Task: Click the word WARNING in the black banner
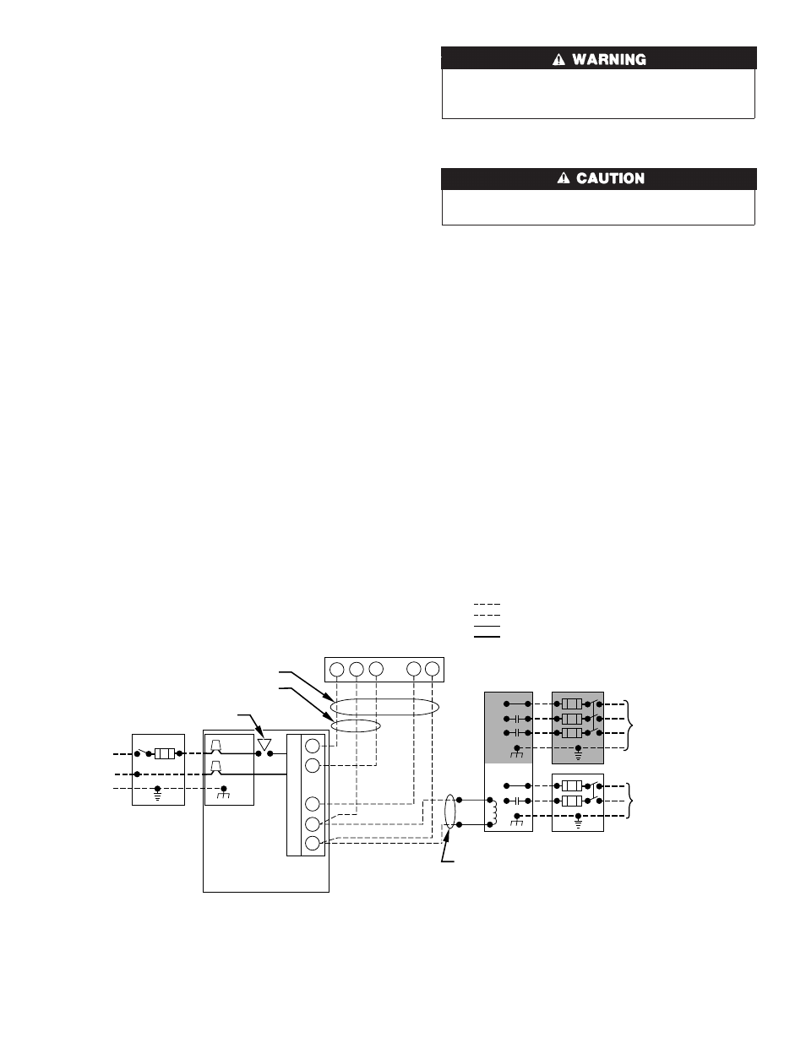[x=608, y=59]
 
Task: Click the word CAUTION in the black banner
[x=610, y=178]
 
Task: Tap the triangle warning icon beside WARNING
[x=558, y=59]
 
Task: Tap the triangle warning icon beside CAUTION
[x=563, y=178]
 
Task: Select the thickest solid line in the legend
[x=487, y=637]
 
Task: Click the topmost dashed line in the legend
[x=487, y=605]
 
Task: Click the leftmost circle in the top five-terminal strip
[x=337, y=669]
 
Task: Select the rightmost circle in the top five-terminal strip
[x=432, y=669]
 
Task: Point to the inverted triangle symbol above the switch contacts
[x=264, y=744]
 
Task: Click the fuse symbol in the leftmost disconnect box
[x=165, y=754]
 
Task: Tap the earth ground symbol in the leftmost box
[x=157, y=794]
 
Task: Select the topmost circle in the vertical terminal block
[x=313, y=746]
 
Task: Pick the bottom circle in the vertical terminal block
[x=313, y=843]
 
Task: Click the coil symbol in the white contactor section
[x=494, y=812]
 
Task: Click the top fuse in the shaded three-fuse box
[x=572, y=704]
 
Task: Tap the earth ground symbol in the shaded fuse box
[x=578, y=752]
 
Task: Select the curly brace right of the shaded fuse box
[x=630, y=725]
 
